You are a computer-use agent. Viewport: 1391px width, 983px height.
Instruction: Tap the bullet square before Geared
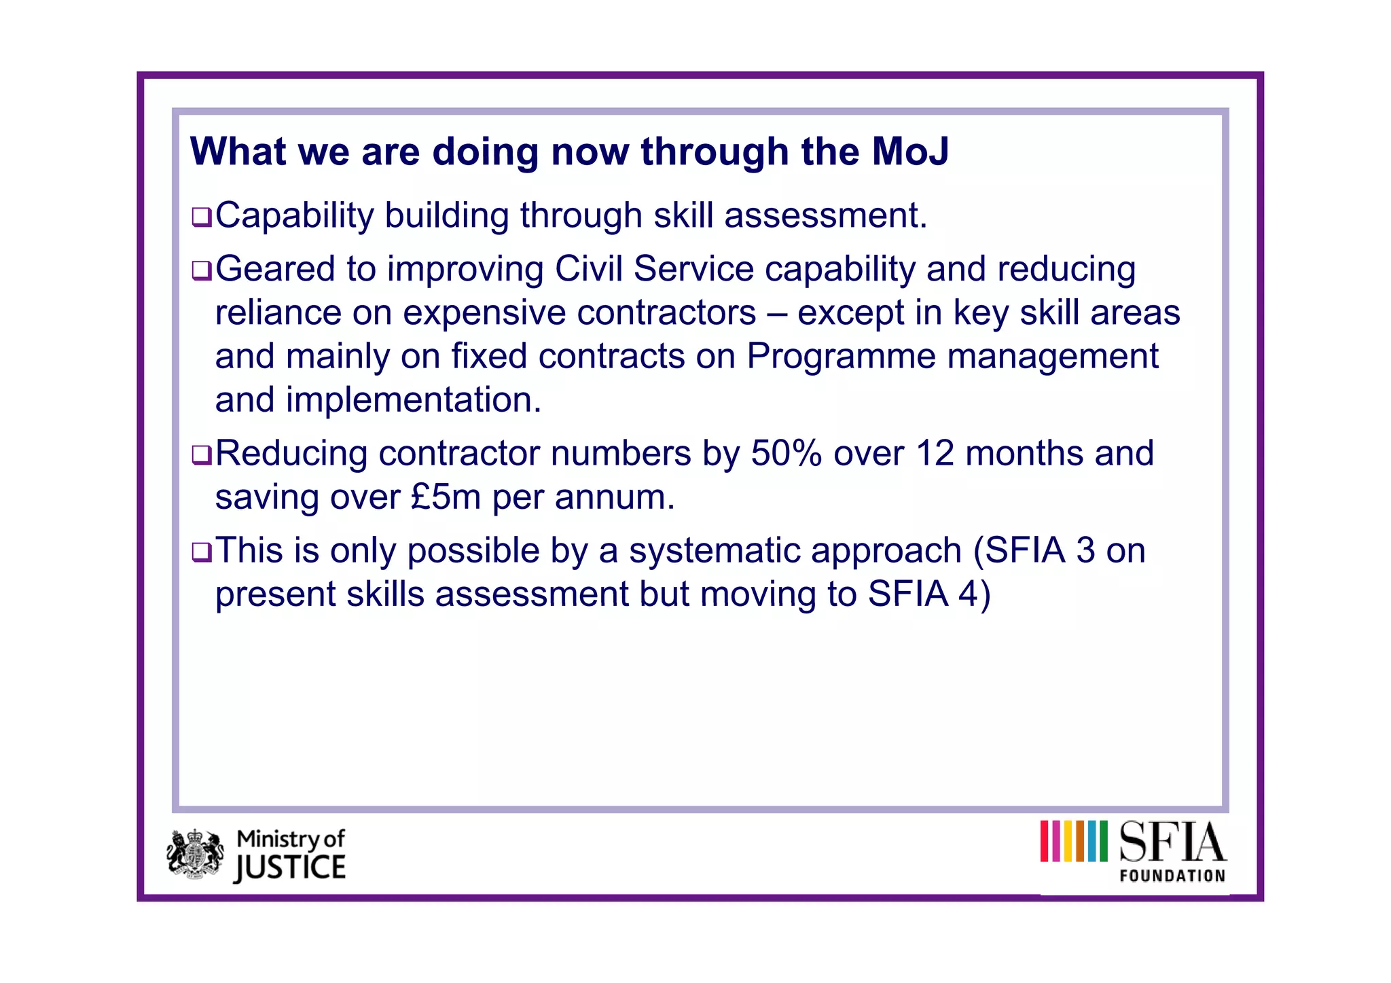tap(202, 270)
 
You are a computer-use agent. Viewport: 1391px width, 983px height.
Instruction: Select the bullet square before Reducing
tap(202, 455)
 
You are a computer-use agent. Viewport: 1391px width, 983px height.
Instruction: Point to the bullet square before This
tap(202, 552)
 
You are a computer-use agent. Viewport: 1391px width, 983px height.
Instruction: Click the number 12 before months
tap(935, 453)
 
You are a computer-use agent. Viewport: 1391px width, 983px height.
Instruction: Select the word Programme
tap(841, 356)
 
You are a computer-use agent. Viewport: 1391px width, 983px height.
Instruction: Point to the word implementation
tap(413, 400)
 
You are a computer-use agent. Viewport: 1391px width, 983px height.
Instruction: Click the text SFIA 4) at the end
tap(929, 594)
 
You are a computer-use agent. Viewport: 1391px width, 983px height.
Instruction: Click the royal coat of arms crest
tap(196, 853)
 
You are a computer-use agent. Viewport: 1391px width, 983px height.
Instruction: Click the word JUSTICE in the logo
tap(290, 868)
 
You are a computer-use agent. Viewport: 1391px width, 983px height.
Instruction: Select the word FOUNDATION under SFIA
tap(1172, 876)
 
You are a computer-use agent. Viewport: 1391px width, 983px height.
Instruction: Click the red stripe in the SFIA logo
tap(1045, 841)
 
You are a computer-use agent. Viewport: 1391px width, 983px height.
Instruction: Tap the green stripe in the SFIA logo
tap(1103, 841)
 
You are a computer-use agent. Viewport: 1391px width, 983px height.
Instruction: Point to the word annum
tap(615, 497)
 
